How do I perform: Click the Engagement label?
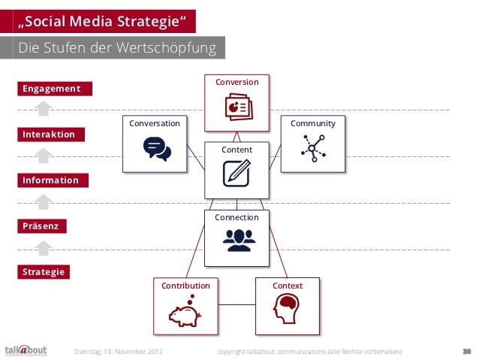pos(51,89)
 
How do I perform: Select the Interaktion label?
pos(48,135)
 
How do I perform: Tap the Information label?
pos(50,180)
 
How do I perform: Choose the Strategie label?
pos(43,271)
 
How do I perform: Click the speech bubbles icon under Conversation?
pos(157,149)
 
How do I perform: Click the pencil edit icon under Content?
pos(236,173)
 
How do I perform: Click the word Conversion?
pos(236,82)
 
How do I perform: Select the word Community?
pos(312,123)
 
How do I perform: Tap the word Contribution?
pos(185,286)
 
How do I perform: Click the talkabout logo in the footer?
pos(26,349)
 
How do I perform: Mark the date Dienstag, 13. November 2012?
pos(119,351)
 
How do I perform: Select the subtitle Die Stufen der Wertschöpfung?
pos(116,49)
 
